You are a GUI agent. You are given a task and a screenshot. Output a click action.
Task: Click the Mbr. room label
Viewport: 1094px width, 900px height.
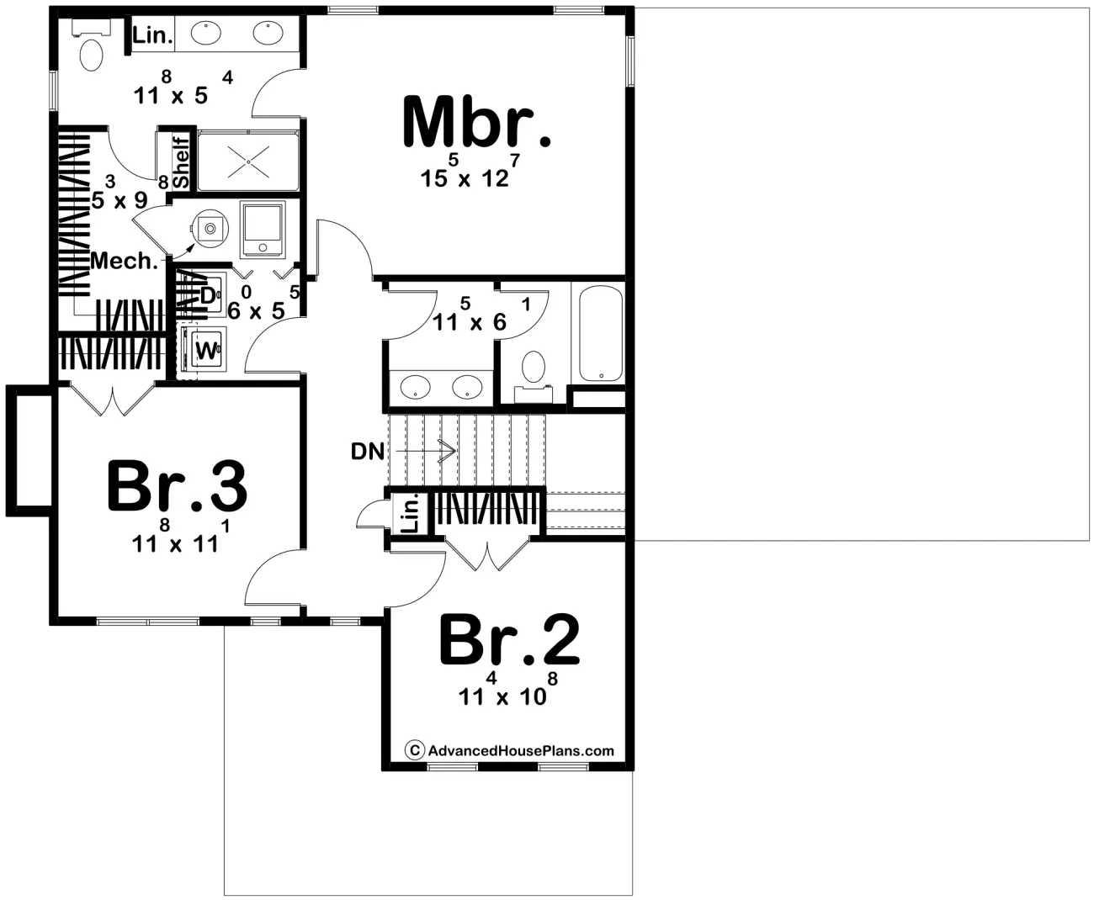pos(476,123)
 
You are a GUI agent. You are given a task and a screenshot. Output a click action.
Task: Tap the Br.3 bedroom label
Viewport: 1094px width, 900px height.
pos(177,487)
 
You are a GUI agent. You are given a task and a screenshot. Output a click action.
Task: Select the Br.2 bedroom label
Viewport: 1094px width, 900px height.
pos(509,640)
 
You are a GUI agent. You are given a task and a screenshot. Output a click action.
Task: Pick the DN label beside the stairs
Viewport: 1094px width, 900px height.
pos(368,452)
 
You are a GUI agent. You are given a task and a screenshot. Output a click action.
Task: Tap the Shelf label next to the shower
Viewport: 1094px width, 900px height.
pos(181,162)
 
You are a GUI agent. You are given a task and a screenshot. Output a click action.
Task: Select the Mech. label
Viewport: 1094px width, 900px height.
pos(124,261)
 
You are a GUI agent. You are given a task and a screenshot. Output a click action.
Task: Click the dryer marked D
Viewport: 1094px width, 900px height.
pos(208,294)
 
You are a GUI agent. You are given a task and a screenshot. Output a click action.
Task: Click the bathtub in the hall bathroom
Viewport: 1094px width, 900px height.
pos(599,334)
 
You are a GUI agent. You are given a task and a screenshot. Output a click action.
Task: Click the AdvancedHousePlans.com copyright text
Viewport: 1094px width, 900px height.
pos(511,751)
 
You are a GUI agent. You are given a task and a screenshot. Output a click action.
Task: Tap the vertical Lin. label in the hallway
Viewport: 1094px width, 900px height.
pos(410,514)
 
